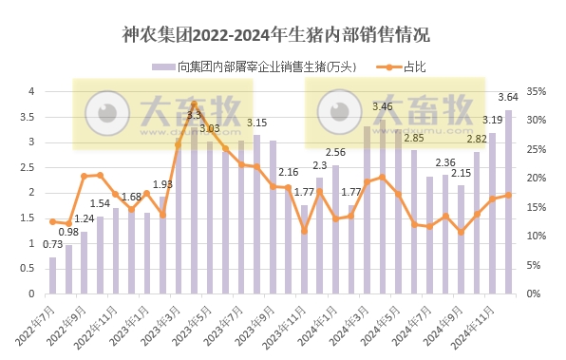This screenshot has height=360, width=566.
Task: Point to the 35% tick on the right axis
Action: [535, 92]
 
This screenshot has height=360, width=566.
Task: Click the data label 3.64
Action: [508, 96]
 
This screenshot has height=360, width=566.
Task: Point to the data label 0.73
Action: [52, 245]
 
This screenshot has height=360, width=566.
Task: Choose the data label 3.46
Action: [383, 106]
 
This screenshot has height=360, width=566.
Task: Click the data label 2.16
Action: [289, 172]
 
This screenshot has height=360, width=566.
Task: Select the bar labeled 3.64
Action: [509, 202]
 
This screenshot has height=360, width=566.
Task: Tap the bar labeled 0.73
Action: [52, 275]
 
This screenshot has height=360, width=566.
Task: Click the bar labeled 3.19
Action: [493, 214]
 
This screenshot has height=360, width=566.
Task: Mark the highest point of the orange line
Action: [194, 104]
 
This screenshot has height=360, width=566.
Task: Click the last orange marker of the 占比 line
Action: [509, 195]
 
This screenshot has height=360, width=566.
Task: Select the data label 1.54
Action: [100, 203]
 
